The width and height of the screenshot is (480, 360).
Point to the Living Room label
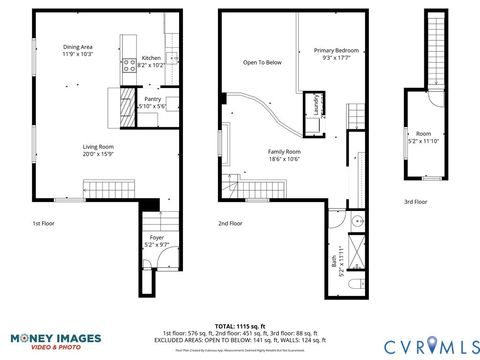point(98,150)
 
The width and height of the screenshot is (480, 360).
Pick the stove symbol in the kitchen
point(128,67)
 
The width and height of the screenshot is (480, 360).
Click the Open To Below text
point(262,63)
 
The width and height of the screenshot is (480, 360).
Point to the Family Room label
point(284,155)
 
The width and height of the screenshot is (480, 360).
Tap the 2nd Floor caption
point(230,224)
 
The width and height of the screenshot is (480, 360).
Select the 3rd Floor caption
point(415,202)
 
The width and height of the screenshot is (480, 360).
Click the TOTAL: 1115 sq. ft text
point(239,326)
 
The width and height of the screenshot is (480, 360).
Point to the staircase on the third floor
point(433,49)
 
